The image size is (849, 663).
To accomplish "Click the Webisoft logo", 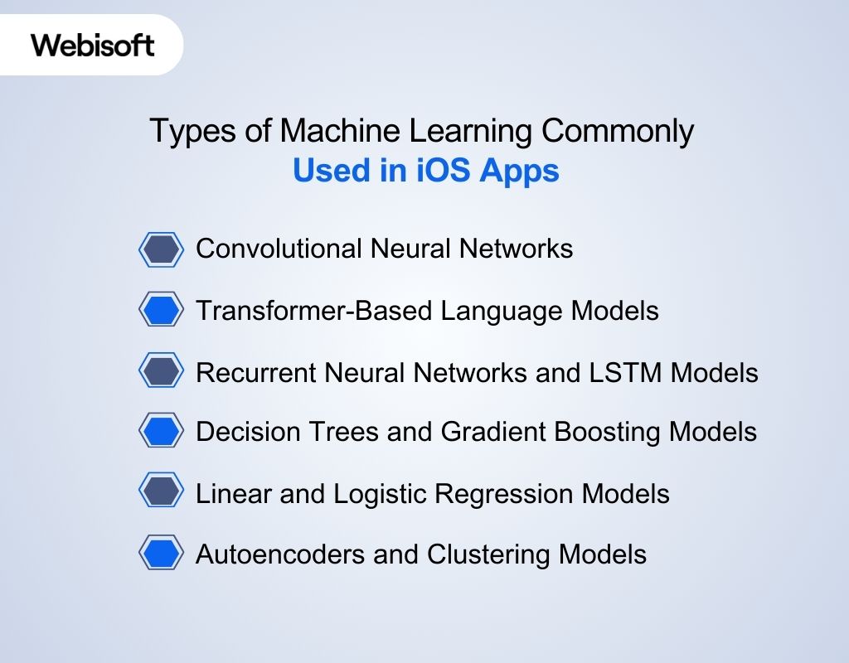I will click(x=93, y=44).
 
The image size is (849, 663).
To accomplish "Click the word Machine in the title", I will click(x=337, y=133).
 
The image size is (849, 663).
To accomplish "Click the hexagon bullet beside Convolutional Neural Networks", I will click(x=160, y=249).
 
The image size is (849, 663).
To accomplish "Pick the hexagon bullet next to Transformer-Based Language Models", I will click(x=160, y=310).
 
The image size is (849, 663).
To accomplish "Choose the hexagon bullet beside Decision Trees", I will click(x=160, y=431).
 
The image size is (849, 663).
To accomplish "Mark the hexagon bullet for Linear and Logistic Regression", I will click(x=160, y=492).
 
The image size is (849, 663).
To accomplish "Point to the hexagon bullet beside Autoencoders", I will click(x=160, y=553).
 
